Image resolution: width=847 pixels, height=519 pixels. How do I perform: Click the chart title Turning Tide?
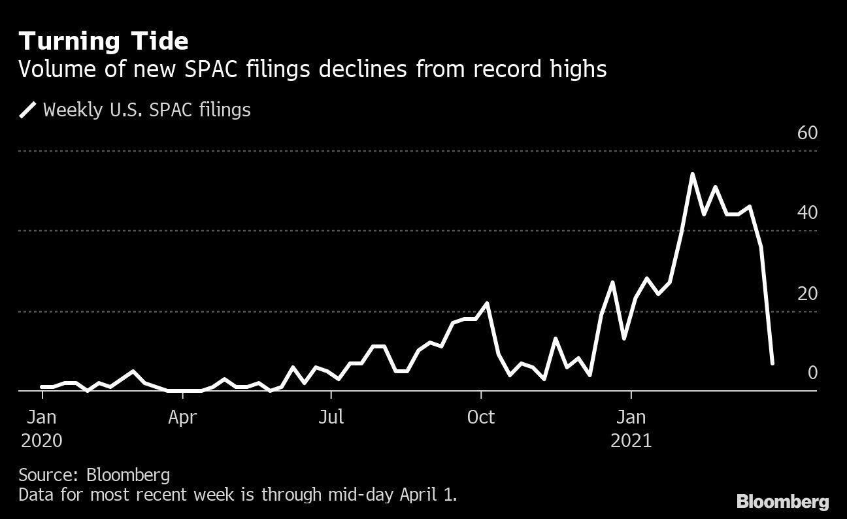pos(104,41)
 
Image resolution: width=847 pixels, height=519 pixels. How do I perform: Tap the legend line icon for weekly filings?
pos(27,109)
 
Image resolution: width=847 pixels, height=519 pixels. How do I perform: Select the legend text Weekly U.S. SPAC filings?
pos(146,109)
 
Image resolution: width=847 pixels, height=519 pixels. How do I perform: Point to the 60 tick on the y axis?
pos(807,133)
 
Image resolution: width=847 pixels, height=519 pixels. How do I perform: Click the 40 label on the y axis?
pos(807,213)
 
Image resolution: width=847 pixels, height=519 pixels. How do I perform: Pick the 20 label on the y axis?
pos(807,293)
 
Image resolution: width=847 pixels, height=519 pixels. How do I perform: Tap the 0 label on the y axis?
pos(812,373)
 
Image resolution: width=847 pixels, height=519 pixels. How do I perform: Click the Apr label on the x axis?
pos(182,417)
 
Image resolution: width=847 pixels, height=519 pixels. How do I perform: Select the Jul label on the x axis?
pos(331,417)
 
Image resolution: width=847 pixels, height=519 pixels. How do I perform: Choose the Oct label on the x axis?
pos(481,417)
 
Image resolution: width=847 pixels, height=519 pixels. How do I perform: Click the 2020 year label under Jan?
pos(42,441)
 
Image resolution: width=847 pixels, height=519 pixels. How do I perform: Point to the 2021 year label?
pos(631,441)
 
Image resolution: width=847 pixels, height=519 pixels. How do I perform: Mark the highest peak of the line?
pos(692,174)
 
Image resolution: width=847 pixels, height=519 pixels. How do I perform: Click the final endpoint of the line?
pos(772,363)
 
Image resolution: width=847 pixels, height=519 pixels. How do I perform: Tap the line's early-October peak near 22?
pos(487,303)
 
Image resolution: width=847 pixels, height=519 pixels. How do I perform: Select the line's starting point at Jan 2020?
pos(42,387)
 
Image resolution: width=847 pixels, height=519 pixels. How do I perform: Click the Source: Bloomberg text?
pos(94,475)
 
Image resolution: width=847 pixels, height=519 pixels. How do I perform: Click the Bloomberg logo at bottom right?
pos(782,502)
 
